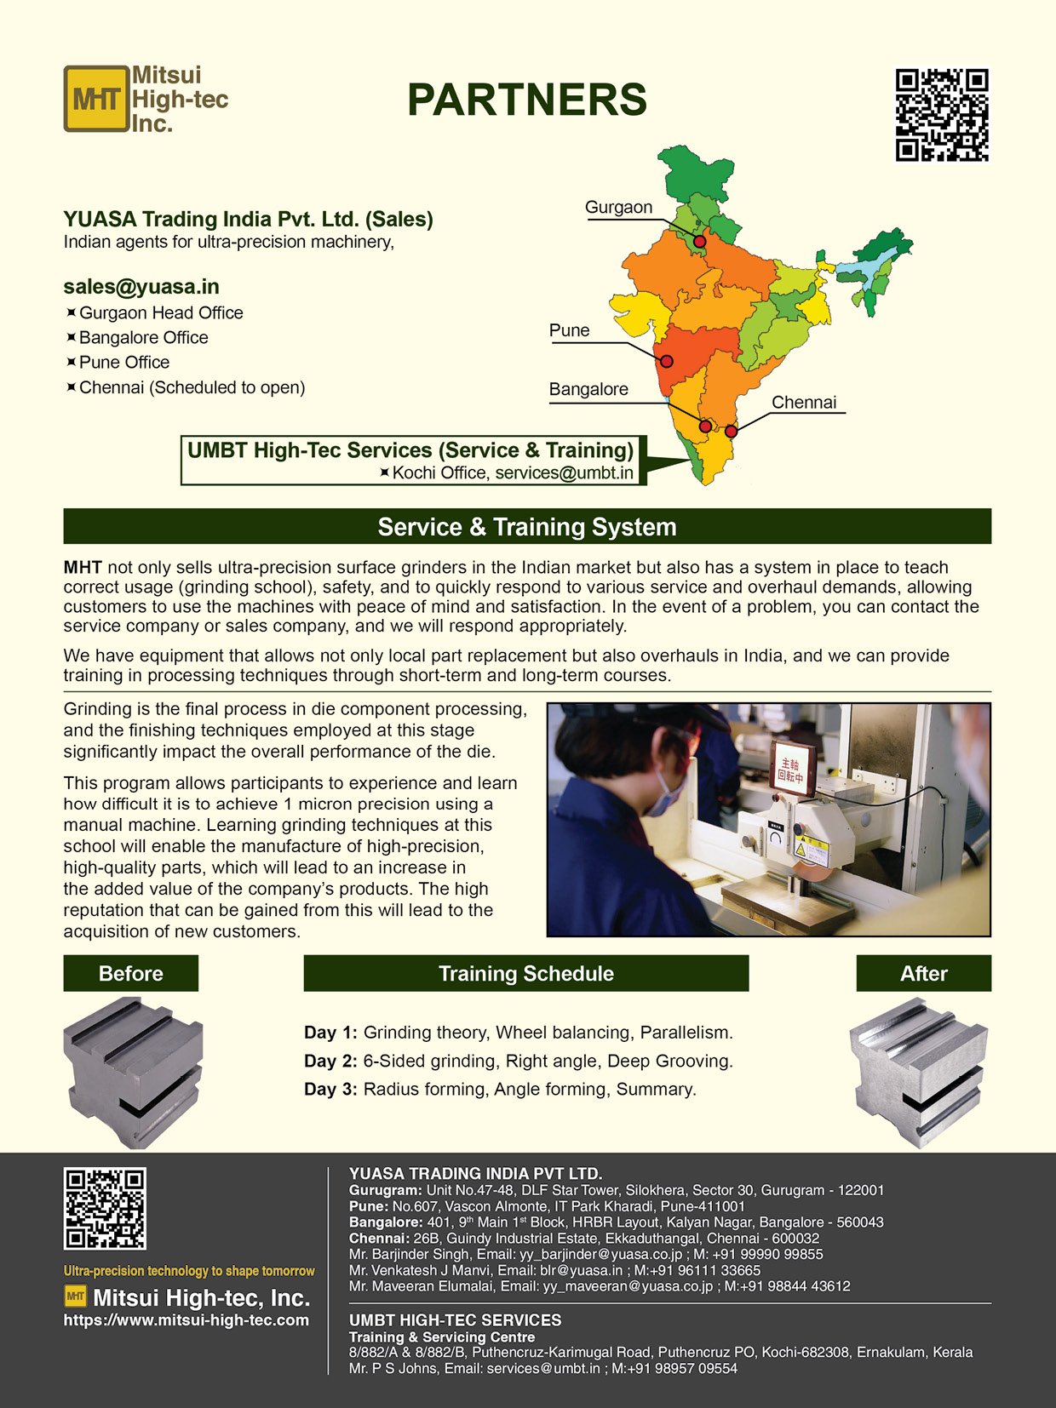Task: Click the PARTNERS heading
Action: click(527, 100)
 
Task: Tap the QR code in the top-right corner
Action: click(941, 115)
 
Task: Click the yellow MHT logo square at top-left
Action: click(95, 100)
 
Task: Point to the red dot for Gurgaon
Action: click(699, 242)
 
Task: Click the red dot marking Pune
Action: click(666, 361)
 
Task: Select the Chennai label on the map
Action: click(804, 403)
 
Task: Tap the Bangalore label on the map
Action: click(588, 390)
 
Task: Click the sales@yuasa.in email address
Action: click(141, 287)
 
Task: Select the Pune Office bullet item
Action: click(123, 363)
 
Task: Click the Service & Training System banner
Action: click(527, 527)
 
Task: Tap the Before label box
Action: click(130, 973)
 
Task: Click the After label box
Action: click(923, 973)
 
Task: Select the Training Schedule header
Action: click(526, 973)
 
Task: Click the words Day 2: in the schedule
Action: click(330, 1062)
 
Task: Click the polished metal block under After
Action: click(919, 1075)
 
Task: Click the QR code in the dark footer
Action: click(105, 1209)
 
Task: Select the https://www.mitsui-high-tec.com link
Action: click(187, 1320)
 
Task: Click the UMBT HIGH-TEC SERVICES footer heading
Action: click(455, 1320)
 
